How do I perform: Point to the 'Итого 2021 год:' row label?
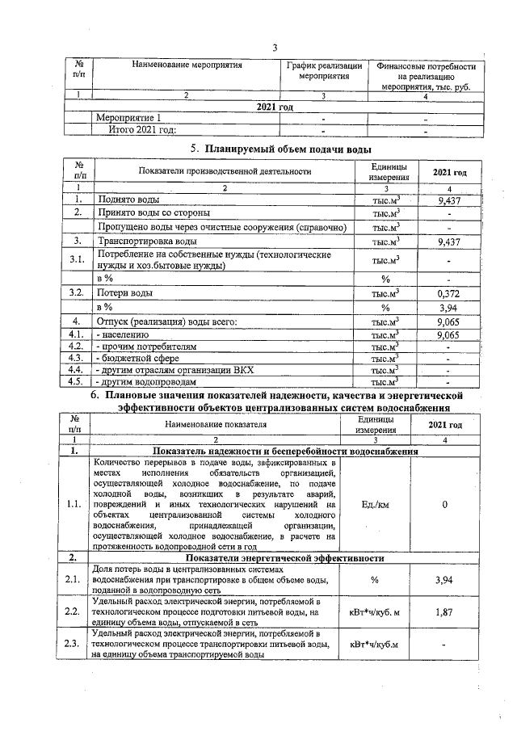pyautogui.click(x=137, y=129)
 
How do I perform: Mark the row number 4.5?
pyautogui.click(x=78, y=381)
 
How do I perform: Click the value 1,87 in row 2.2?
pyautogui.click(x=443, y=612)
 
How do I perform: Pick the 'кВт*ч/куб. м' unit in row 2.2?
pyautogui.click(x=375, y=612)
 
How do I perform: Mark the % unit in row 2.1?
pyautogui.click(x=375, y=580)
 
